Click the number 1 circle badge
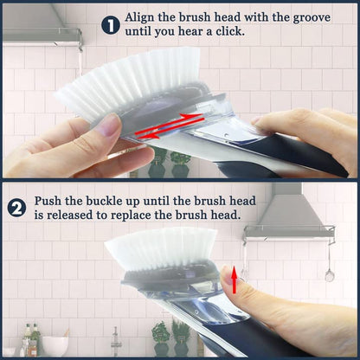pyautogui.click(x=111, y=24)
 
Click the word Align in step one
pyautogui.click(x=142, y=17)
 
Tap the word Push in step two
pyautogui.click(x=49, y=201)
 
